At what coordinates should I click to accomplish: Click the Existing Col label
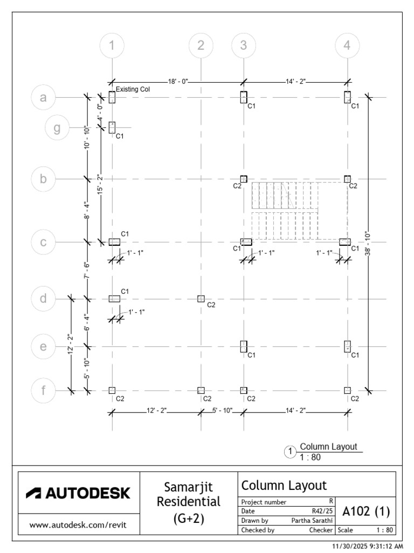click(x=133, y=89)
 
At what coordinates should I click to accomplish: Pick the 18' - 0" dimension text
click(x=178, y=82)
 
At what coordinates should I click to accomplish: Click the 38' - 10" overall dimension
click(x=368, y=244)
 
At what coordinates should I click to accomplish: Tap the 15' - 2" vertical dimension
click(x=101, y=184)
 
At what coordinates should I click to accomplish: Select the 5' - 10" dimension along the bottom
click(x=222, y=410)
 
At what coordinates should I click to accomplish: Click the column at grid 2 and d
click(x=201, y=299)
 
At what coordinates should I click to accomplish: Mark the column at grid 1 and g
click(x=112, y=127)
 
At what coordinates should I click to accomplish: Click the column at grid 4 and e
click(x=347, y=346)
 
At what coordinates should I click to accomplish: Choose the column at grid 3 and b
click(x=244, y=179)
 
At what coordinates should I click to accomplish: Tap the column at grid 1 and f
click(x=112, y=390)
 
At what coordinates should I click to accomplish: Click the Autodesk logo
click(x=78, y=493)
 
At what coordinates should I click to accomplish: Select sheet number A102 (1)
click(x=366, y=511)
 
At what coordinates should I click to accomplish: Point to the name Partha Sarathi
click(x=312, y=521)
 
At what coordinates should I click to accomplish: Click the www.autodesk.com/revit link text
click(x=78, y=525)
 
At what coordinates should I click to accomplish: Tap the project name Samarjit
click(x=188, y=487)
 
